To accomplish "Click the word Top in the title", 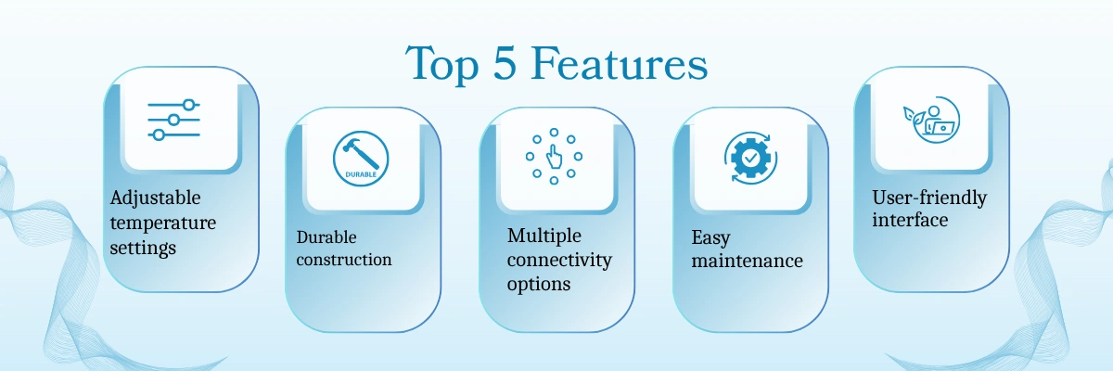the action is point(441,65).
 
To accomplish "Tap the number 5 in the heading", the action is point(505,62).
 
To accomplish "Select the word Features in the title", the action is point(620,62).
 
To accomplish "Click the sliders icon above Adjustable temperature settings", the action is point(174,120).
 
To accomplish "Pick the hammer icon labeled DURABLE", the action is point(361,159).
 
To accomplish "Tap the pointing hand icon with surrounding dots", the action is point(554,157).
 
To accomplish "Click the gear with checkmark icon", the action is point(750,158).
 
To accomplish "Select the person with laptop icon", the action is point(931,120).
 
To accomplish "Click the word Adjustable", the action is point(155,198).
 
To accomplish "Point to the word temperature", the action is point(163,223).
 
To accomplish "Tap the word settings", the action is point(143,248).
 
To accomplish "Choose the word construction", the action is point(344,260).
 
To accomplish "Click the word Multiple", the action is point(544,236).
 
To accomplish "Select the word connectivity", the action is point(559,260).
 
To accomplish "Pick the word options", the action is point(539,285).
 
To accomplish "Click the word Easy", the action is point(710,237).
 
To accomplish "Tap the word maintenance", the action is point(747,261).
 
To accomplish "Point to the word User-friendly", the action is point(929,198).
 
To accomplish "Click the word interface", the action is point(910,220).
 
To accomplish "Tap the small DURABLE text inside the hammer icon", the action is point(361,174).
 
